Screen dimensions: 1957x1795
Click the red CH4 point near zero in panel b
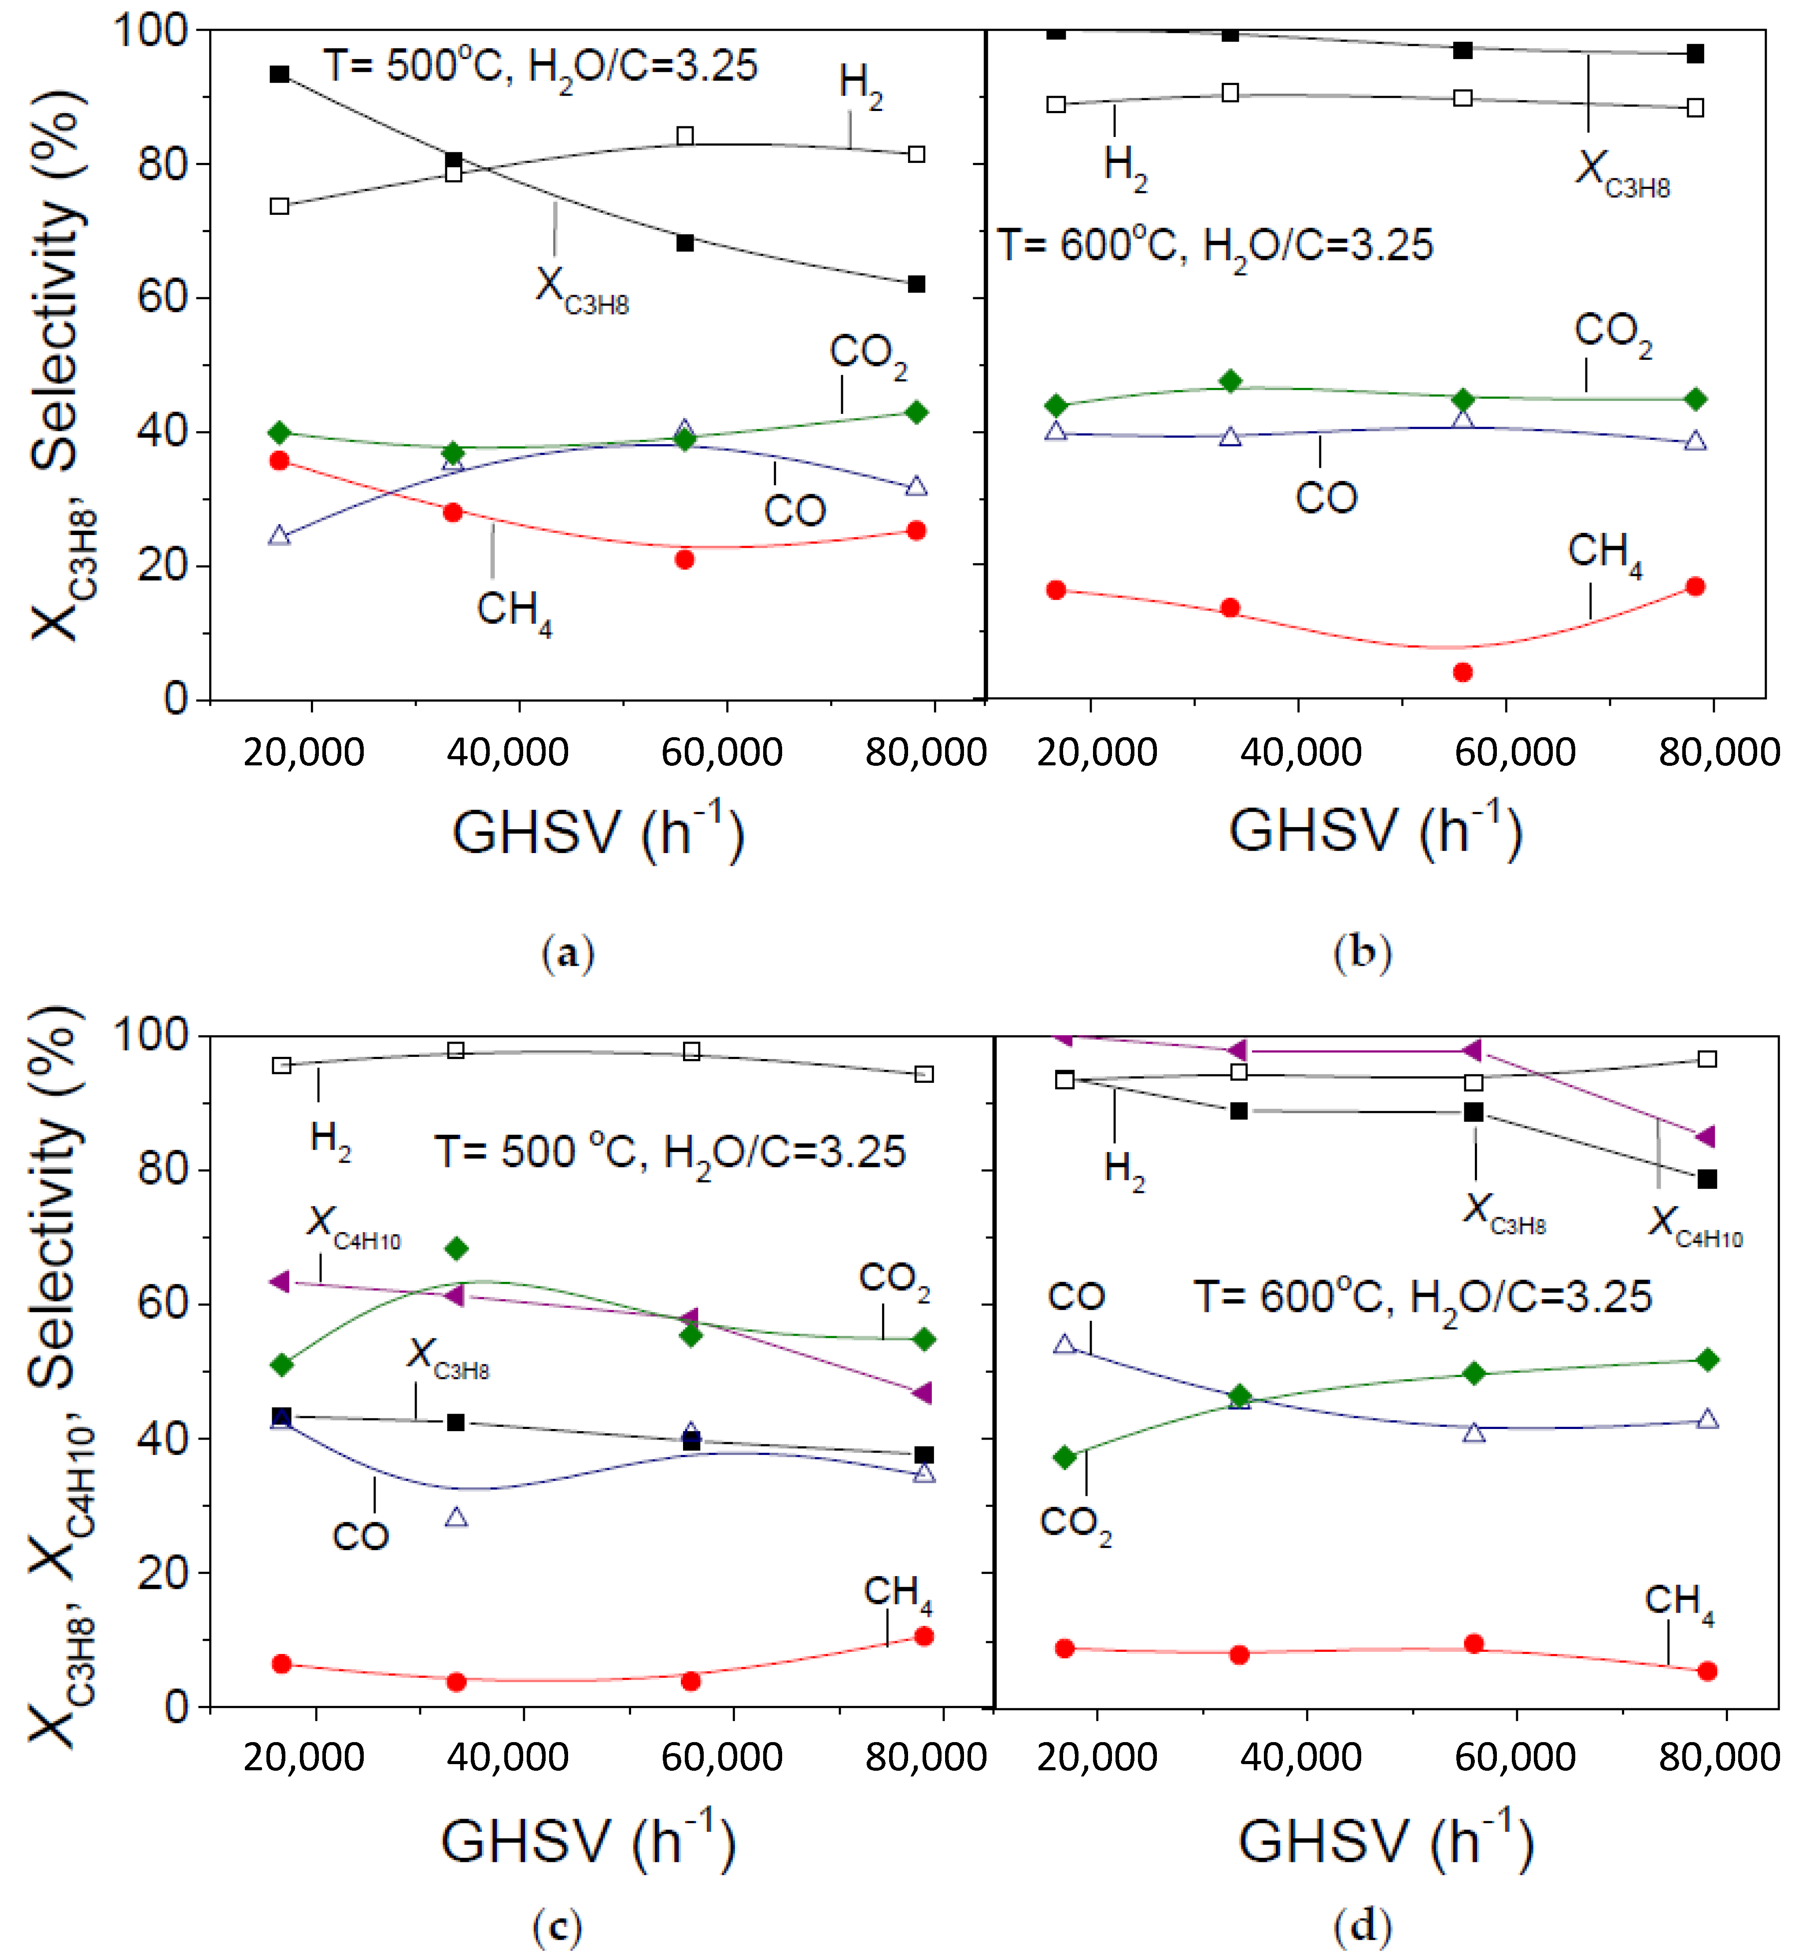click(x=1463, y=672)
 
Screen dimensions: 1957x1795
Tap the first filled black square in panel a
click(x=280, y=74)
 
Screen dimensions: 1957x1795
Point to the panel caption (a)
click(x=567, y=953)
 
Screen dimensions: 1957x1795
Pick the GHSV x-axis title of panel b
click(x=1375, y=831)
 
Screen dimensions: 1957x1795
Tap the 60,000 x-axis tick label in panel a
click(x=722, y=753)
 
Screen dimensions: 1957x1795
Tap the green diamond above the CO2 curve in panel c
click(x=455, y=1248)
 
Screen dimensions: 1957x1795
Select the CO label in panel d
click(x=1075, y=1296)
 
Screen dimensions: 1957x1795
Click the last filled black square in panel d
click(x=1706, y=1179)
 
